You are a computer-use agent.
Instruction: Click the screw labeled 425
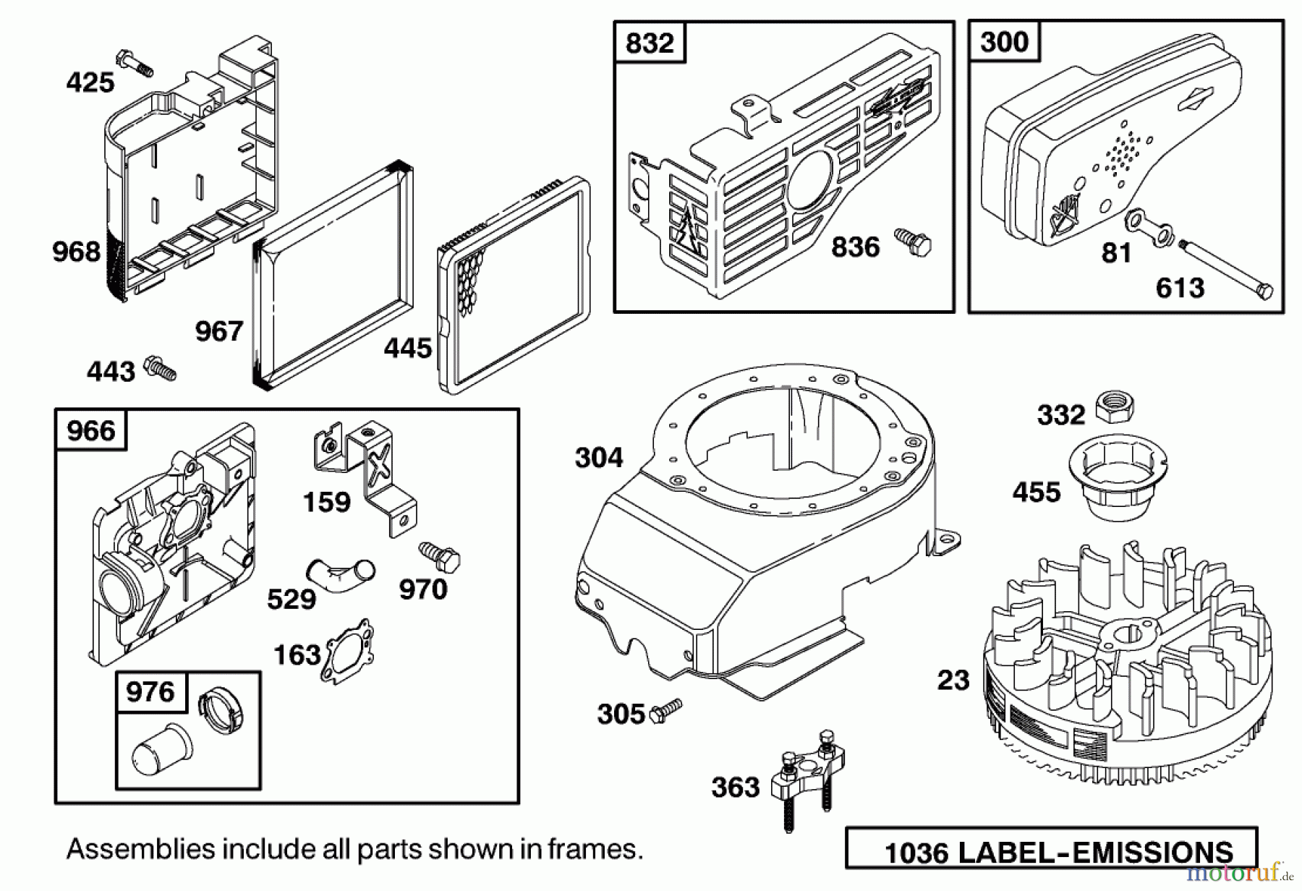click(x=135, y=62)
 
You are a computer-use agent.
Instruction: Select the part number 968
click(x=76, y=252)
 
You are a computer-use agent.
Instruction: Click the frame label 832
click(x=649, y=43)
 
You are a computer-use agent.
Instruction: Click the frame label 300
click(x=1004, y=42)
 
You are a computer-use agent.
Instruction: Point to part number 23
click(x=953, y=680)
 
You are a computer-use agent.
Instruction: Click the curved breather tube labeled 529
click(x=340, y=571)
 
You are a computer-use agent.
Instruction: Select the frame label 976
click(x=150, y=692)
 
